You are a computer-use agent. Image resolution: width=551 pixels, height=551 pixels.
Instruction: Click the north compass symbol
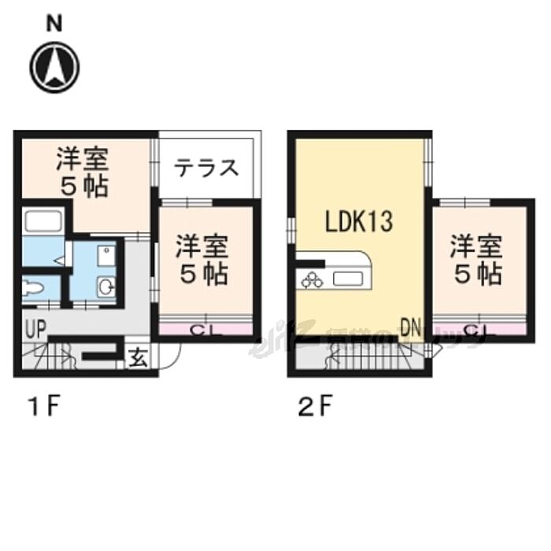[x=54, y=66]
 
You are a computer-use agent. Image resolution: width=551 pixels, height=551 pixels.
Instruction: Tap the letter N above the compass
[x=54, y=24]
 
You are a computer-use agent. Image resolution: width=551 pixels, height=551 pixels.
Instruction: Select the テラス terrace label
[x=206, y=168]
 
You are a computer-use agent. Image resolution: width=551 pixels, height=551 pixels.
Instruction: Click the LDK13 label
[x=359, y=222]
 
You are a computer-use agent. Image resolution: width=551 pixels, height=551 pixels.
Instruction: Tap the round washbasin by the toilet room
[x=107, y=289]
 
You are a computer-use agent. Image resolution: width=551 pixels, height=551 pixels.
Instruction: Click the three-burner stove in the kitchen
[x=311, y=279]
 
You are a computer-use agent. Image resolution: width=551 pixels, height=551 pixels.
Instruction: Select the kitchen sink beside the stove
[x=346, y=279]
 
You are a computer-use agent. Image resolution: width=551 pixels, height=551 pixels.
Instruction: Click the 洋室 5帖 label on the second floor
[x=476, y=260]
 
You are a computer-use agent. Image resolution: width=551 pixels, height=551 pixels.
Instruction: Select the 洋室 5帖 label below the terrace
[x=202, y=260]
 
